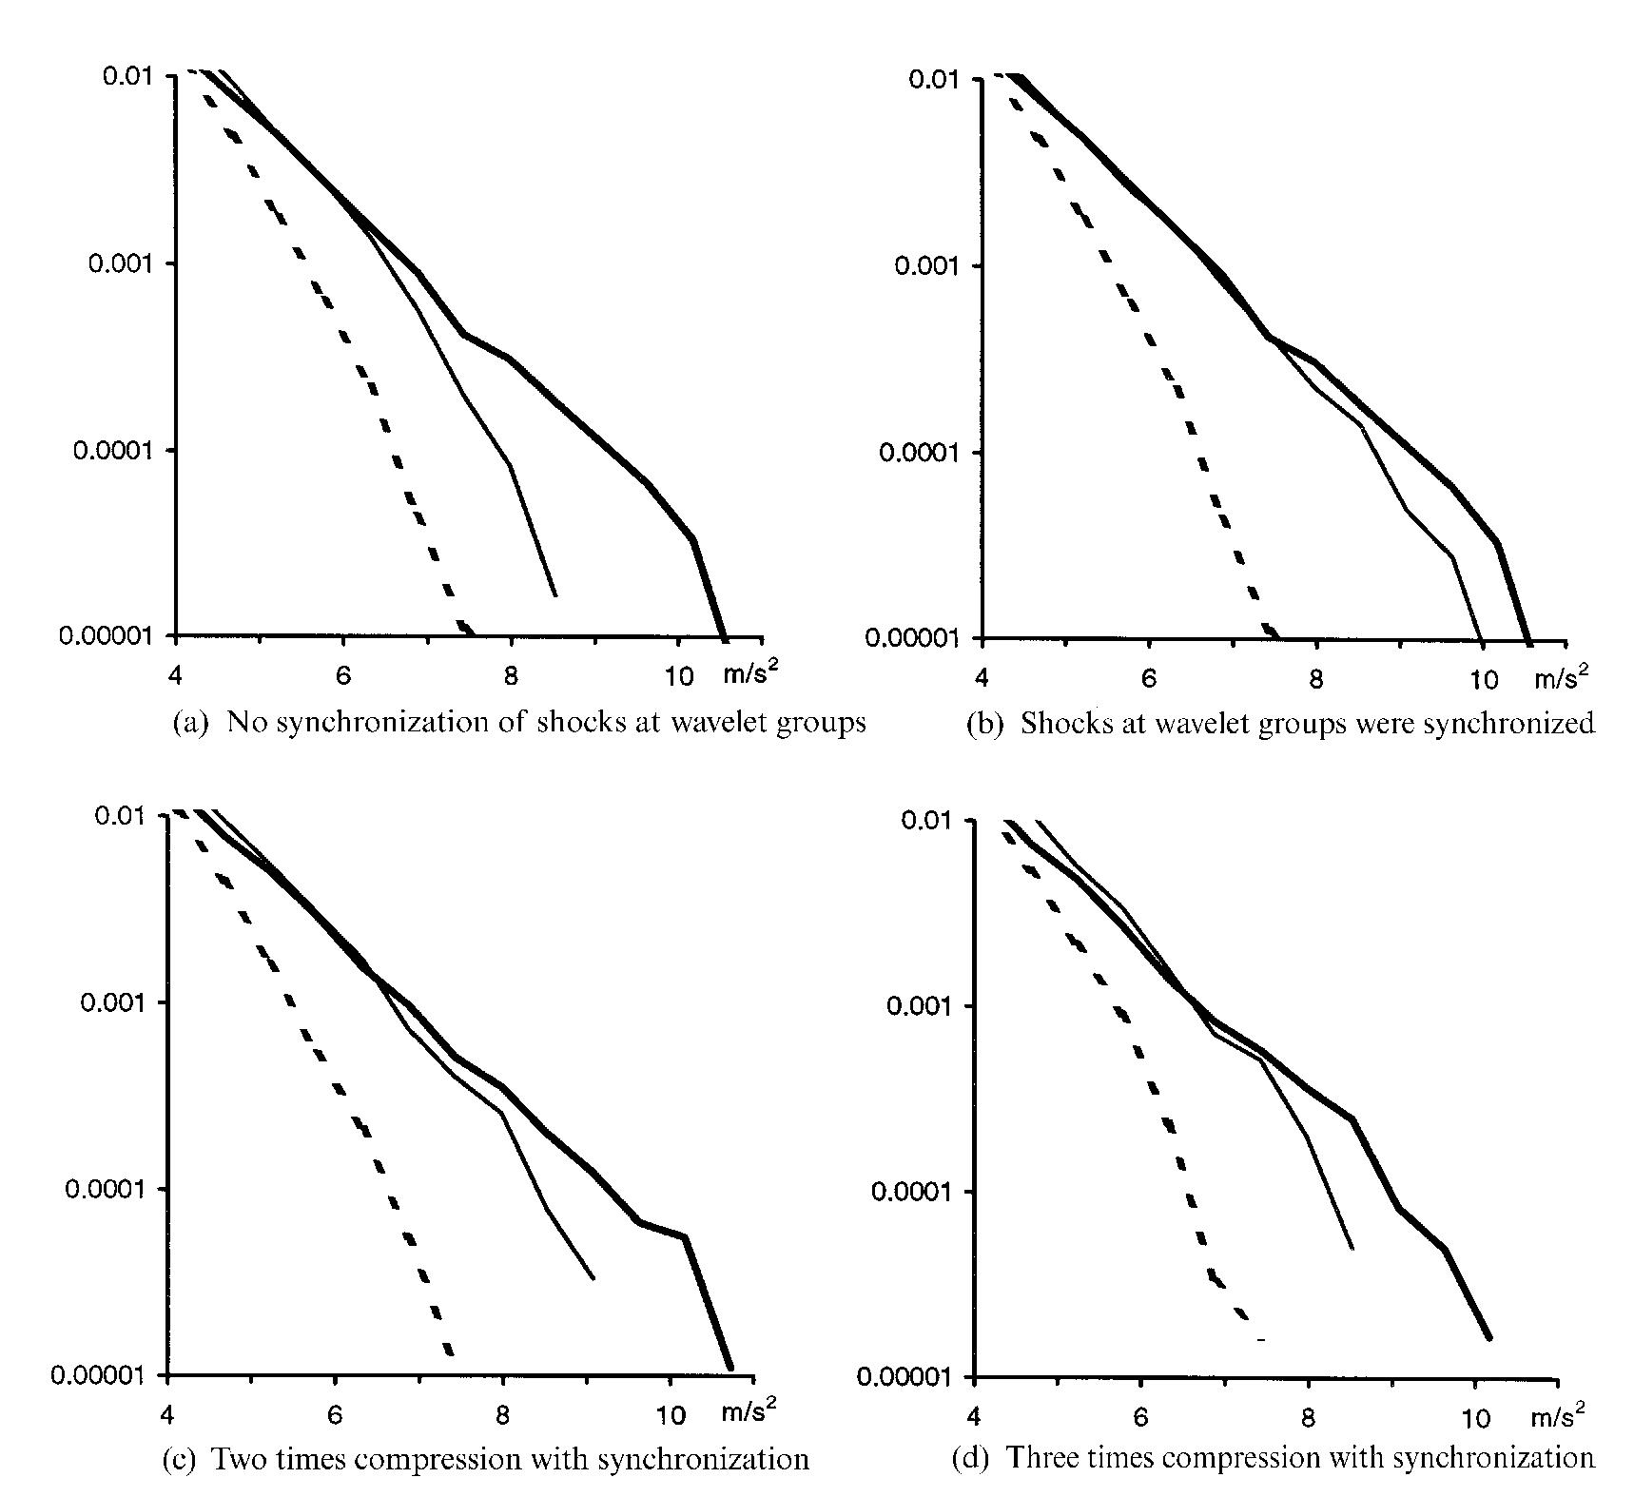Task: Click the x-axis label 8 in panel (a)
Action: [x=511, y=676]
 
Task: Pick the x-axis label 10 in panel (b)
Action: [x=1483, y=679]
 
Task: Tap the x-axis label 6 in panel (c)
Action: [x=335, y=1415]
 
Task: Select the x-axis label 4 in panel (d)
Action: [x=973, y=1417]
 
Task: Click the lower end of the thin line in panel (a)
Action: [x=555, y=596]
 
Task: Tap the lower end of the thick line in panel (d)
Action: [x=1489, y=1338]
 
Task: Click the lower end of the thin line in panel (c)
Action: [x=593, y=1279]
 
